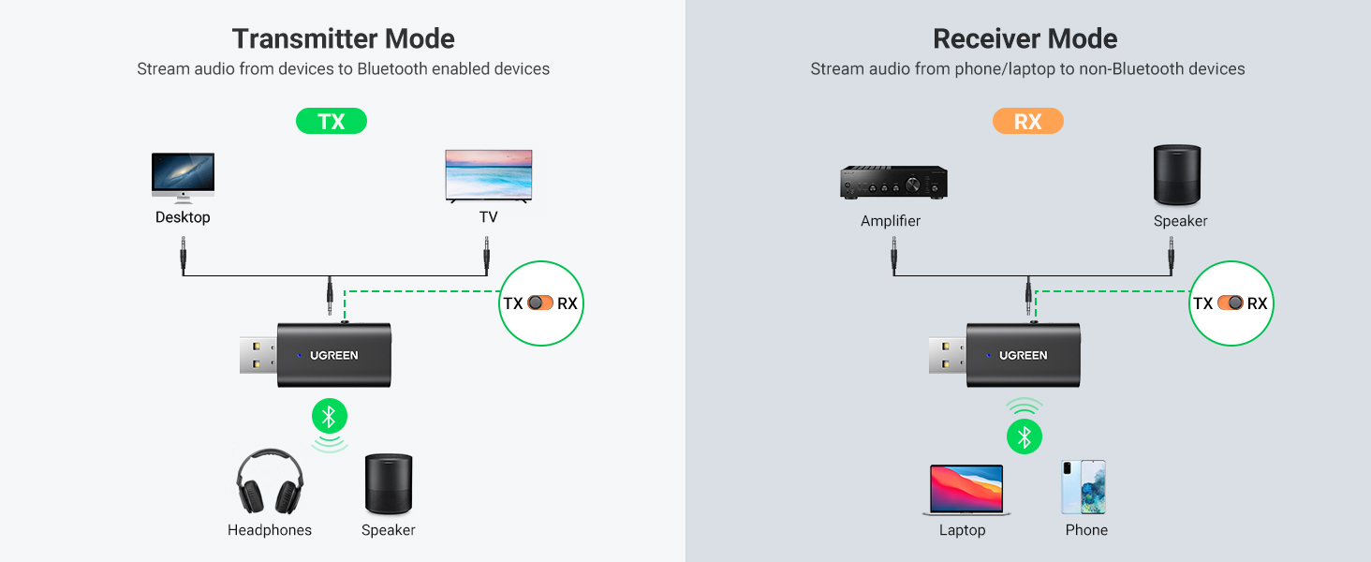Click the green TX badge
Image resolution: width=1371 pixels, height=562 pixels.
[332, 121]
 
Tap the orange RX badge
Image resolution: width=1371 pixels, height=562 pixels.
[1027, 121]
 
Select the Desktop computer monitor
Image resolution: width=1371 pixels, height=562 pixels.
[183, 176]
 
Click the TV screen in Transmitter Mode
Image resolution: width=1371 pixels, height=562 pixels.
[489, 174]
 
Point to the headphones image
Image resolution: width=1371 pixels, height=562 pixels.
[270, 481]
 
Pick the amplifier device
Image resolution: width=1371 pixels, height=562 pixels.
[893, 183]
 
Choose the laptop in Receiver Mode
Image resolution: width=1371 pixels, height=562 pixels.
[966, 489]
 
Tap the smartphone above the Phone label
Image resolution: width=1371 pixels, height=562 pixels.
[1084, 486]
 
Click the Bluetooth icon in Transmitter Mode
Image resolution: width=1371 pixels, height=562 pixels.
[329, 416]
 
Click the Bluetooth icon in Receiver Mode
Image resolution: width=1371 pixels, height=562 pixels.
[1025, 436]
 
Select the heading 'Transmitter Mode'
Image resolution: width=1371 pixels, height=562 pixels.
[343, 38]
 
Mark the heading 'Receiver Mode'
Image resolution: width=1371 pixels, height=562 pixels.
[1025, 38]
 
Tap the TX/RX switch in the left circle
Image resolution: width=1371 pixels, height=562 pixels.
[540, 303]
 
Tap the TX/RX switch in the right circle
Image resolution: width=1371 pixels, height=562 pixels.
[1231, 303]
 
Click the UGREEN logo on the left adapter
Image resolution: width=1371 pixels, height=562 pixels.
[334, 356]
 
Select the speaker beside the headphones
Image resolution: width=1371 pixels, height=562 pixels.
[389, 484]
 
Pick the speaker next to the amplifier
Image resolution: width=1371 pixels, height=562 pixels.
[1177, 175]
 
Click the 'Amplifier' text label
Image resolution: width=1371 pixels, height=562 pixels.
[891, 221]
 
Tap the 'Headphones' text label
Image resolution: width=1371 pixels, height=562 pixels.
[270, 530]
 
